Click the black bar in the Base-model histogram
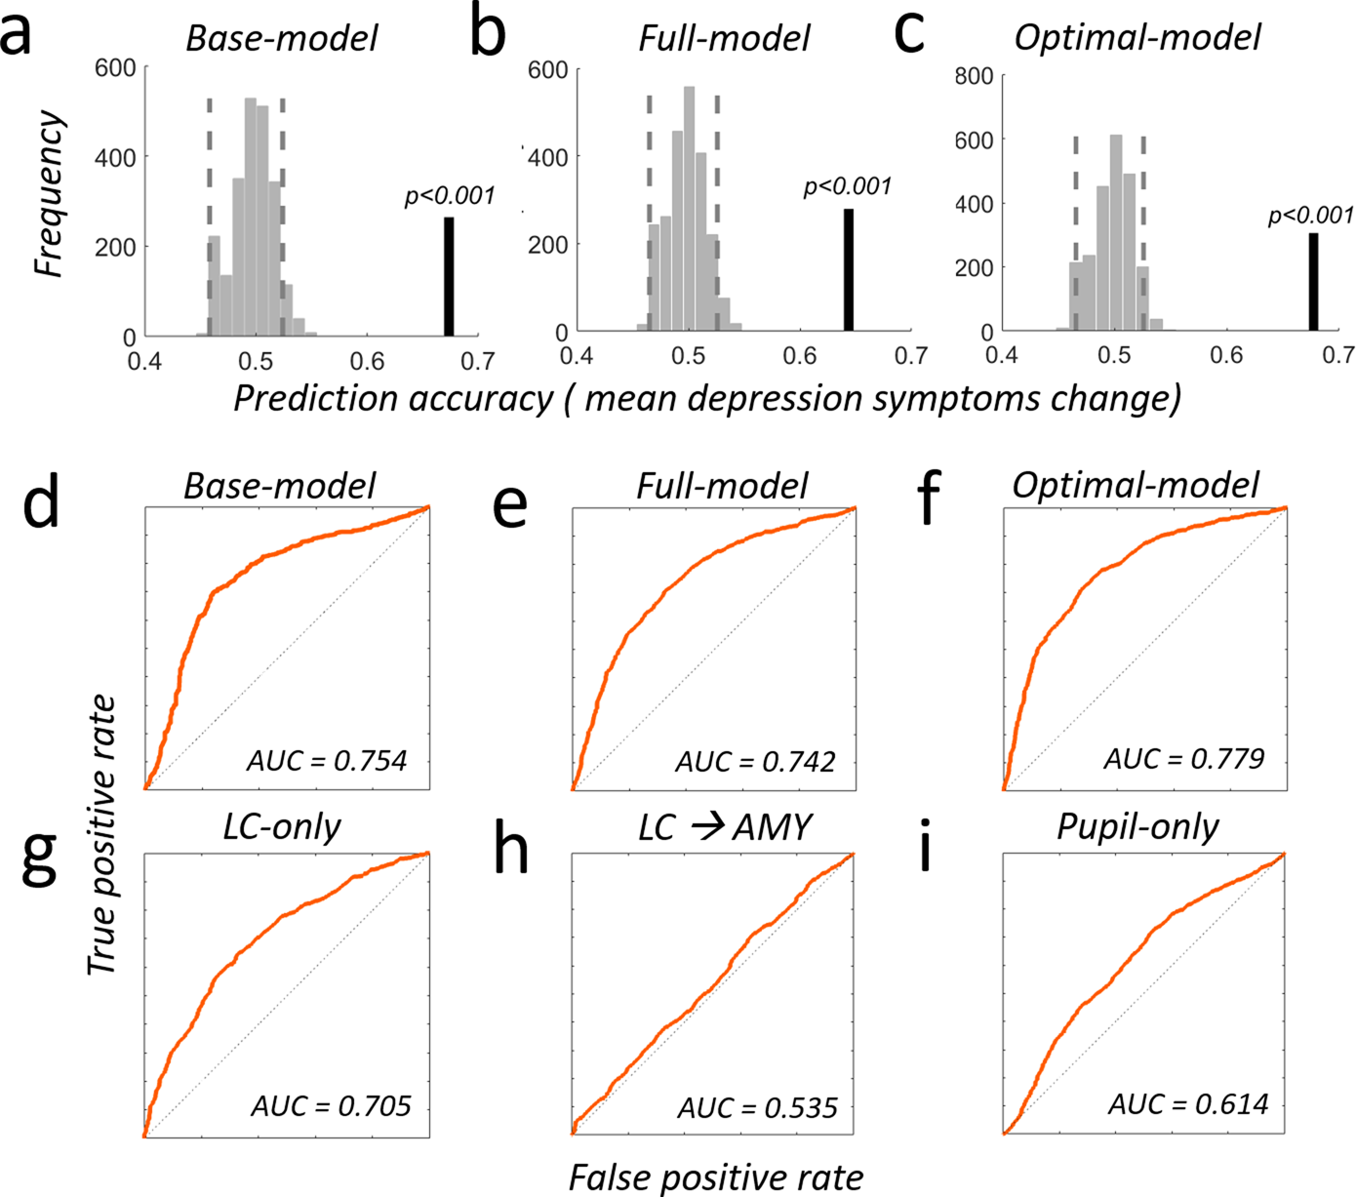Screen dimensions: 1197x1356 449,277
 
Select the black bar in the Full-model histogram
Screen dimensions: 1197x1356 849,270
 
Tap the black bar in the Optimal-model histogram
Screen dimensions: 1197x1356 1313,282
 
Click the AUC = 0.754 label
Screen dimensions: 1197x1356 327,761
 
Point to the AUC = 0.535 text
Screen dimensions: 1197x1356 757,1108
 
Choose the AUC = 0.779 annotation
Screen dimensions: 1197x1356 1184,759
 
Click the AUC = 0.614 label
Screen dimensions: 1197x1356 1188,1104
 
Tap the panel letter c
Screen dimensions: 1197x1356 908,33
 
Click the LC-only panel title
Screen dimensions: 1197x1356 282,827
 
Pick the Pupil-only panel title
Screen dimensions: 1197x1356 1137,827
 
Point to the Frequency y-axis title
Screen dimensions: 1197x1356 49,194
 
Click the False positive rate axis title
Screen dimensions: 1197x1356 716,1177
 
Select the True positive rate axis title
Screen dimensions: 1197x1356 101,835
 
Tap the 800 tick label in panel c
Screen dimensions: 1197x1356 974,76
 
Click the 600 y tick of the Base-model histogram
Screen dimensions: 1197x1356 115,67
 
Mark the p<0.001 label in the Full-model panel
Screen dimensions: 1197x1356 847,186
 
